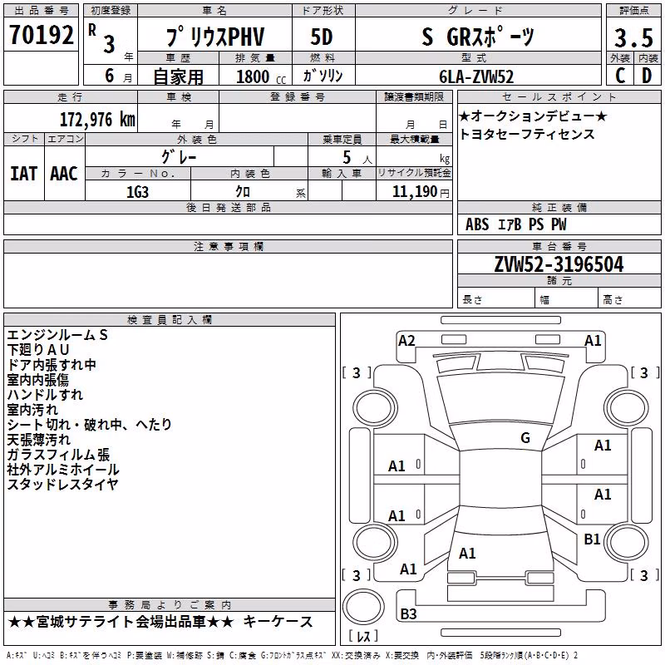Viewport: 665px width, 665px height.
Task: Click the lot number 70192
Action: (x=41, y=35)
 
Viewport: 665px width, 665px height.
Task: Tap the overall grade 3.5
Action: (x=633, y=37)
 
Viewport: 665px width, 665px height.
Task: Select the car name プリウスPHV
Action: (x=215, y=37)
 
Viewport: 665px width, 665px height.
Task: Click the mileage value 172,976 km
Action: (x=97, y=119)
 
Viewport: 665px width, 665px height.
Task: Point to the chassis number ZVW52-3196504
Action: (x=559, y=264)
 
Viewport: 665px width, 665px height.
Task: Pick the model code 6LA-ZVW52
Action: (x=476, y=76)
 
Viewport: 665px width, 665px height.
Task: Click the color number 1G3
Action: (x=137, y=192)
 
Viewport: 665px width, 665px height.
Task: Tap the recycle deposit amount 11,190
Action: (x=414, y=192)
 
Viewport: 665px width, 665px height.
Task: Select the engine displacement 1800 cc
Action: (x=261, y=76)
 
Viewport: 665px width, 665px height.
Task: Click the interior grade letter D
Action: (x=647, y=76)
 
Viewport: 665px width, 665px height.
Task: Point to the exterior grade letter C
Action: (x=620, y=76)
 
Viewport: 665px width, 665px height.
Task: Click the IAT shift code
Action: (x=23, y=174)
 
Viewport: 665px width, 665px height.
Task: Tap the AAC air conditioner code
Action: (x=64, y=174)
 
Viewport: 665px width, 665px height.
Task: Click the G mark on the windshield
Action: (x=525, y=437)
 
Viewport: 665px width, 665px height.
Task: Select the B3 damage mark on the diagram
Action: (x=408, y=613)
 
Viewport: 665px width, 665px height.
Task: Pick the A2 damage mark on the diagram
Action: (x=406, y=341)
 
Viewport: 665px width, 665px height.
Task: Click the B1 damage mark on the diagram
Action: (x=592, y=539)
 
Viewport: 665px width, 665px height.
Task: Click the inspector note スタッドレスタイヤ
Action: (x=62, y=484)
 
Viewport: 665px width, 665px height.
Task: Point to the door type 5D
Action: (x=322, y=37)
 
